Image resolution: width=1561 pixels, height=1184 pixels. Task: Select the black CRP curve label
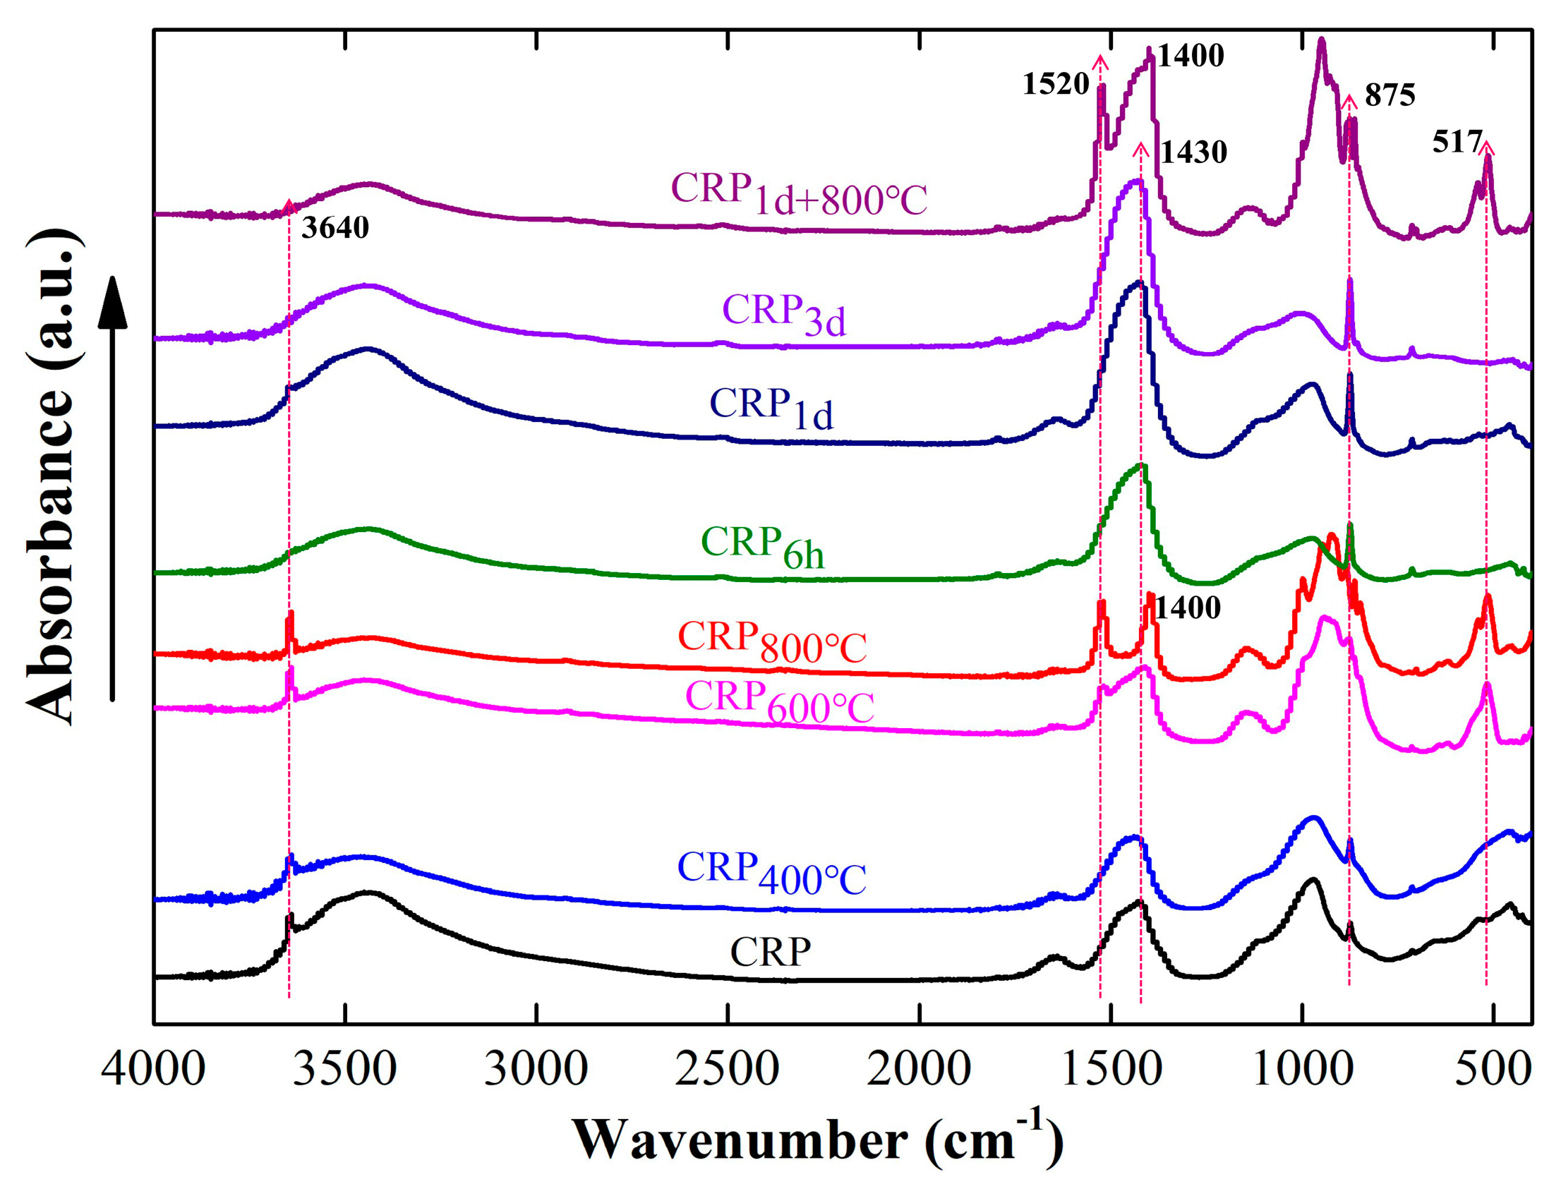pos(771,953)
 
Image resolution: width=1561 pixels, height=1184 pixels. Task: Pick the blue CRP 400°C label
pos(772,872)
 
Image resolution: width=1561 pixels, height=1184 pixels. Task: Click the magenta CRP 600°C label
pos(780,702)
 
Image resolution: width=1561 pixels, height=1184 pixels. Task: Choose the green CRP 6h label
pos(763,548)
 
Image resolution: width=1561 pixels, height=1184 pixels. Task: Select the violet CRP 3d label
pos(784,315)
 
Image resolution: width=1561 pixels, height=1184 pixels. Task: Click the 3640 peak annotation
pos(335,228)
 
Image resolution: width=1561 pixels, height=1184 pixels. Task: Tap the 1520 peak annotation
pos(1056,85)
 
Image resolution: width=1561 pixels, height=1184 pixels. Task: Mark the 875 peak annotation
pos(1390,95)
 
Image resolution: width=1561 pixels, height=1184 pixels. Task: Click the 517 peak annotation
pos(1457,142)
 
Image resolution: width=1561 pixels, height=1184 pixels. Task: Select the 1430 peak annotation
pos(1194,152)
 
